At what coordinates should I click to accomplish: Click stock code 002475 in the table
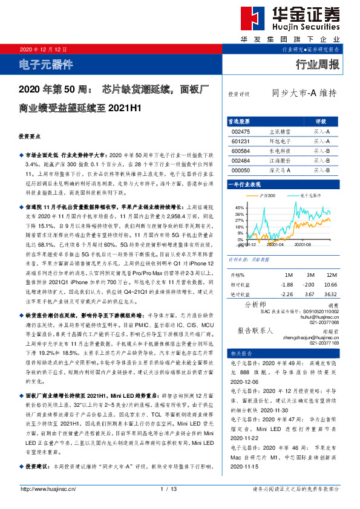click(240, 131)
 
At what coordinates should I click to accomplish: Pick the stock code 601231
click(240, 141)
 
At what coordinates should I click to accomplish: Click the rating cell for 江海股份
click(320, 161)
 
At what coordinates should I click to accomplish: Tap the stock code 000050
click(240, 170)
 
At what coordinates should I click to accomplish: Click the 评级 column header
click(321, 121)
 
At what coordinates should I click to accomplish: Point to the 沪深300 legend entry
click(267, 196)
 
